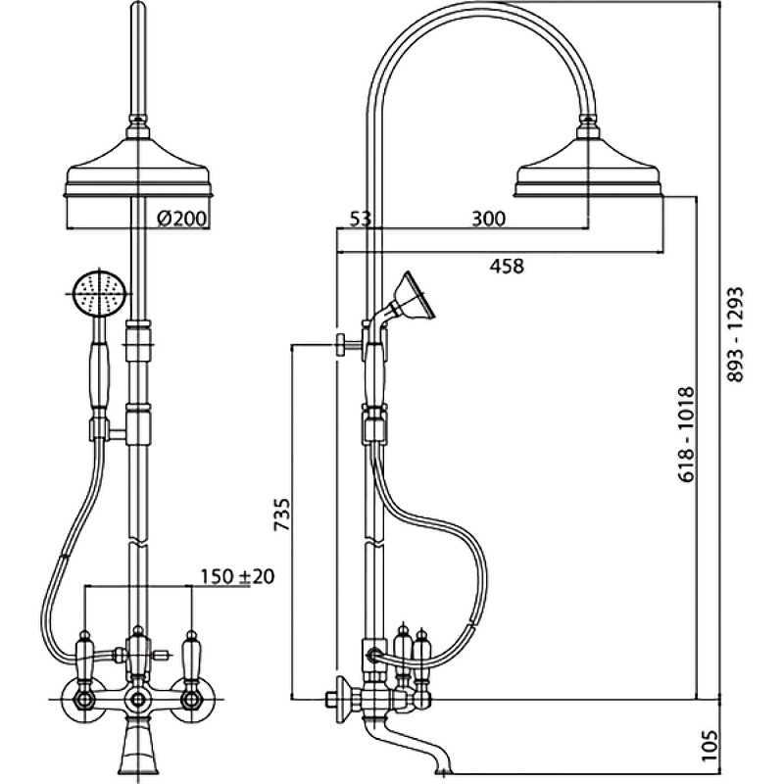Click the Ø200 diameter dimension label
[x=181, y=220]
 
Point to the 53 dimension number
[x=360, y=220]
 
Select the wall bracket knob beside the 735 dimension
[x=338, y=343]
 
